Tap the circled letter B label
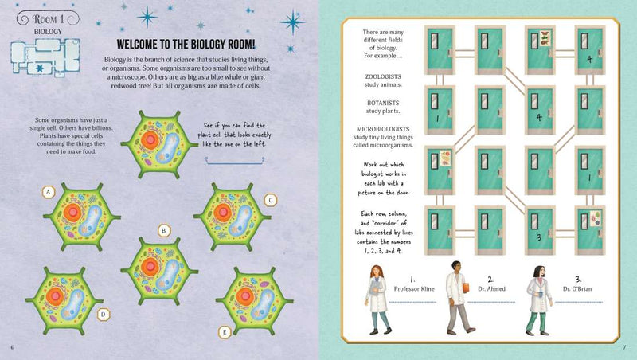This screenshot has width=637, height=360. [164, 231]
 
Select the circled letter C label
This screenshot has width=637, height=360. [271, 200]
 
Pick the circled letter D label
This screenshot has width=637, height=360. [103, 314]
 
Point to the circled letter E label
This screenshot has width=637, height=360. [225, 331]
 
